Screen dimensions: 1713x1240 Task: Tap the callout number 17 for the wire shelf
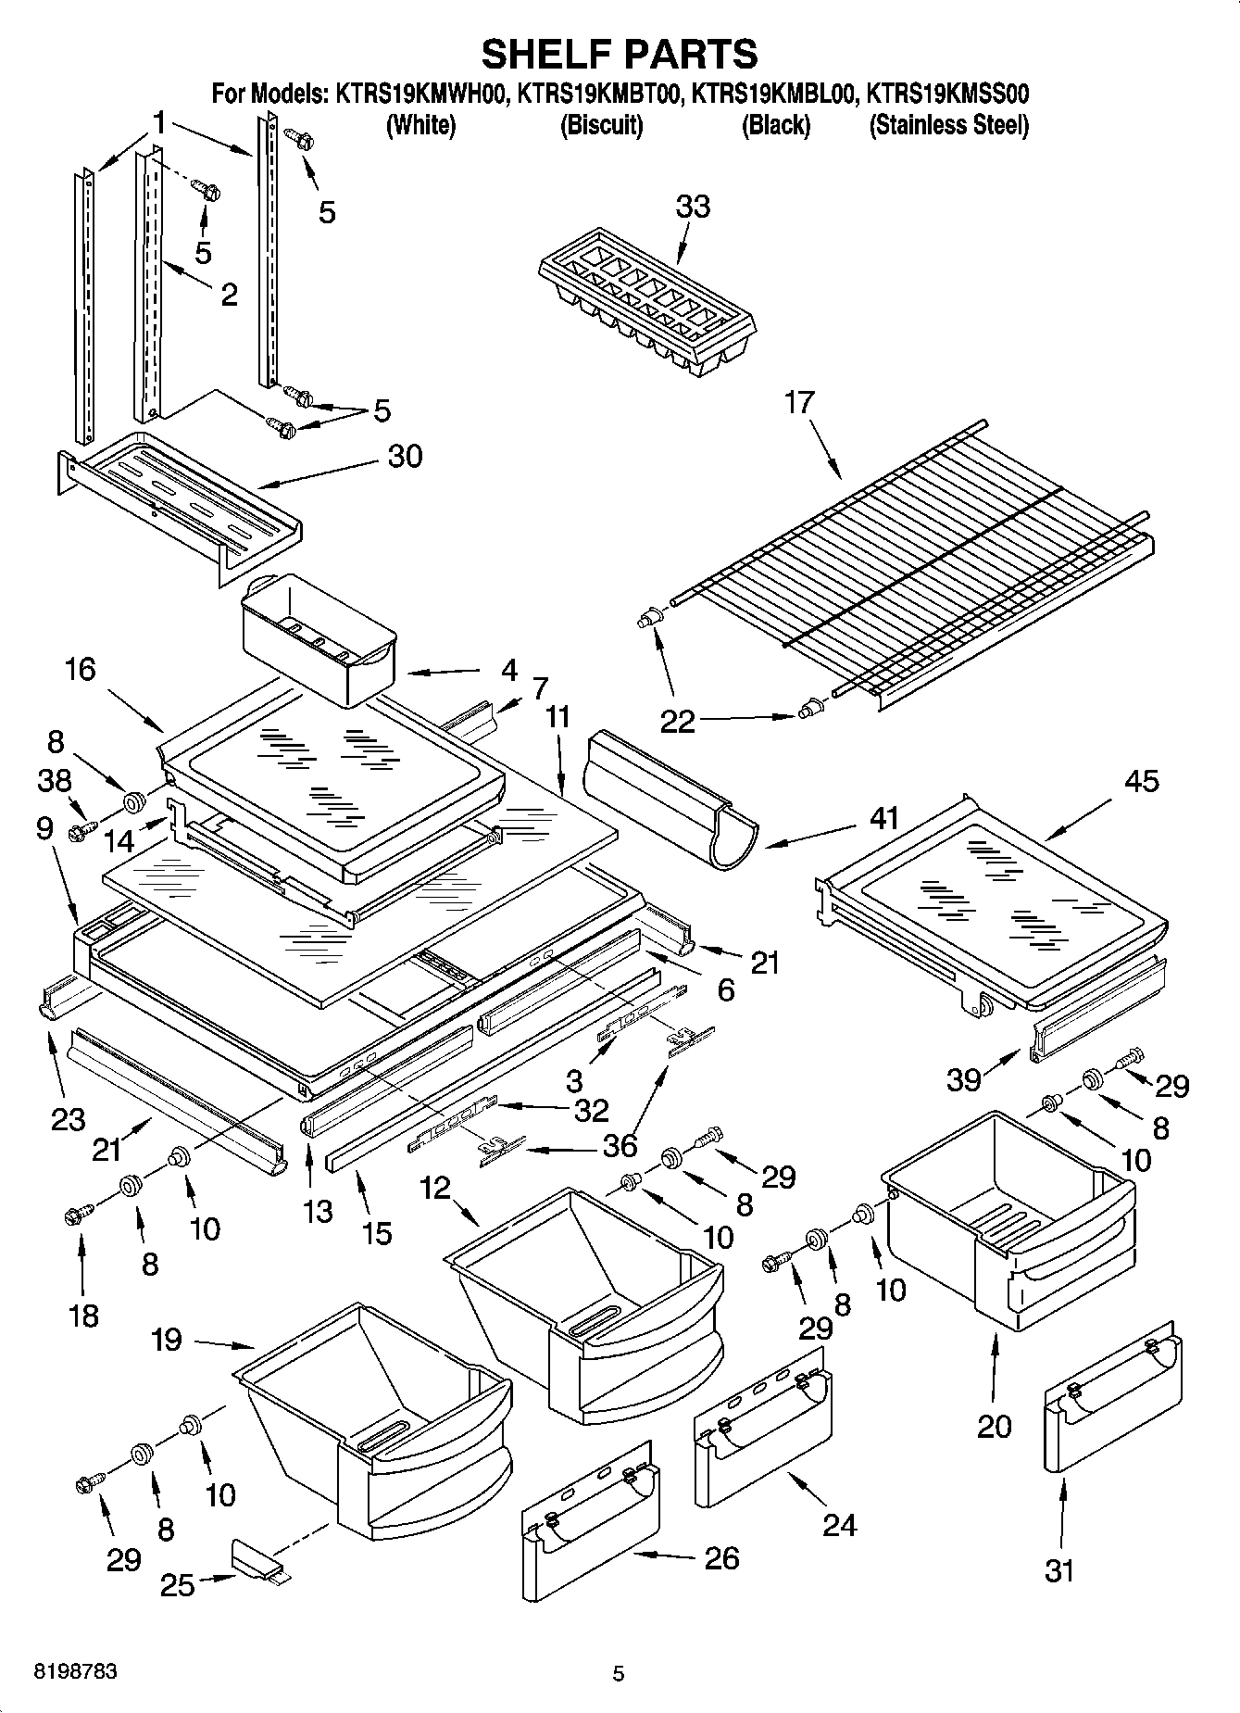click(799, 402)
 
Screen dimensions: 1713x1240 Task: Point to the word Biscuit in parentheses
click(602, 125)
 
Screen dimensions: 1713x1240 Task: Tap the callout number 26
click(722, 1558)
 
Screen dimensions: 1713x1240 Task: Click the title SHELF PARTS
click(619, 55)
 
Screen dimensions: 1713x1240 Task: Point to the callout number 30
click(405, 456)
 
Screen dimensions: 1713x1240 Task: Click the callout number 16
click(81, 669)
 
